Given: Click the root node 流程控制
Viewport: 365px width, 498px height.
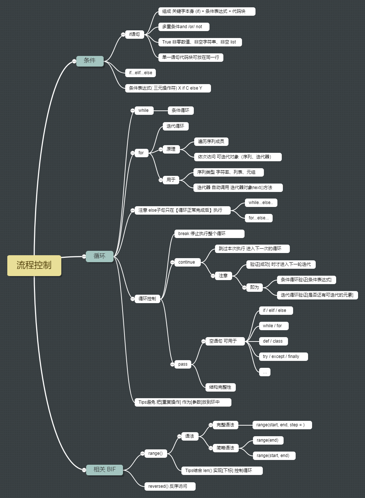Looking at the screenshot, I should click(x=34, y=265).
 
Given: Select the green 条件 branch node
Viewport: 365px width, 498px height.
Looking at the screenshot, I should click(x=90, y=61).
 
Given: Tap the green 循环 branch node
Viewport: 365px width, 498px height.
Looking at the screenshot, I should click(x=100, y=256).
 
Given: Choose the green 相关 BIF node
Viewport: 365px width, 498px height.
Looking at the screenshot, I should click(x=105, y=469).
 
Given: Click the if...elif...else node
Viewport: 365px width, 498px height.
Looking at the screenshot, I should click(x=141, y=73).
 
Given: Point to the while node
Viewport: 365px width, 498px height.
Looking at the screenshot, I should click(x=143, y=110).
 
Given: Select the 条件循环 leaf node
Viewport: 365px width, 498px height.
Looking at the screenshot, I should click(x=181, y=110).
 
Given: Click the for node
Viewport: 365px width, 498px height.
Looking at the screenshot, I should click(x=141, y=153).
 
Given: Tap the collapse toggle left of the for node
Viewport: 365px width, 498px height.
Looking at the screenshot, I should click(x=132, y=153).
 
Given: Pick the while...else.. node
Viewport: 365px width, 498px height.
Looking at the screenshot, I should click(x=261, y=203).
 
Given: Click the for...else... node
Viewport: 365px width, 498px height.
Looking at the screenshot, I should click(x=259, y=218).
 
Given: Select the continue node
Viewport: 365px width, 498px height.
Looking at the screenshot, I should click(x=187, y=262).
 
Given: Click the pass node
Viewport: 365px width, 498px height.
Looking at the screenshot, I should click(x=183, y=364).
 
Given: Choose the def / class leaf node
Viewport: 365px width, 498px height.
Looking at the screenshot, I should click(x=273, y=341).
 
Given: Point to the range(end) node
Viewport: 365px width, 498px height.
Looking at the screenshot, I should click(x=268, y=440).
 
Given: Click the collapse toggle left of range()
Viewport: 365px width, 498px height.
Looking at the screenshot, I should click(x=142, y=453).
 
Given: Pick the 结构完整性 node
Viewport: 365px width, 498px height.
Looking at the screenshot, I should click(x=220, y=387).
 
